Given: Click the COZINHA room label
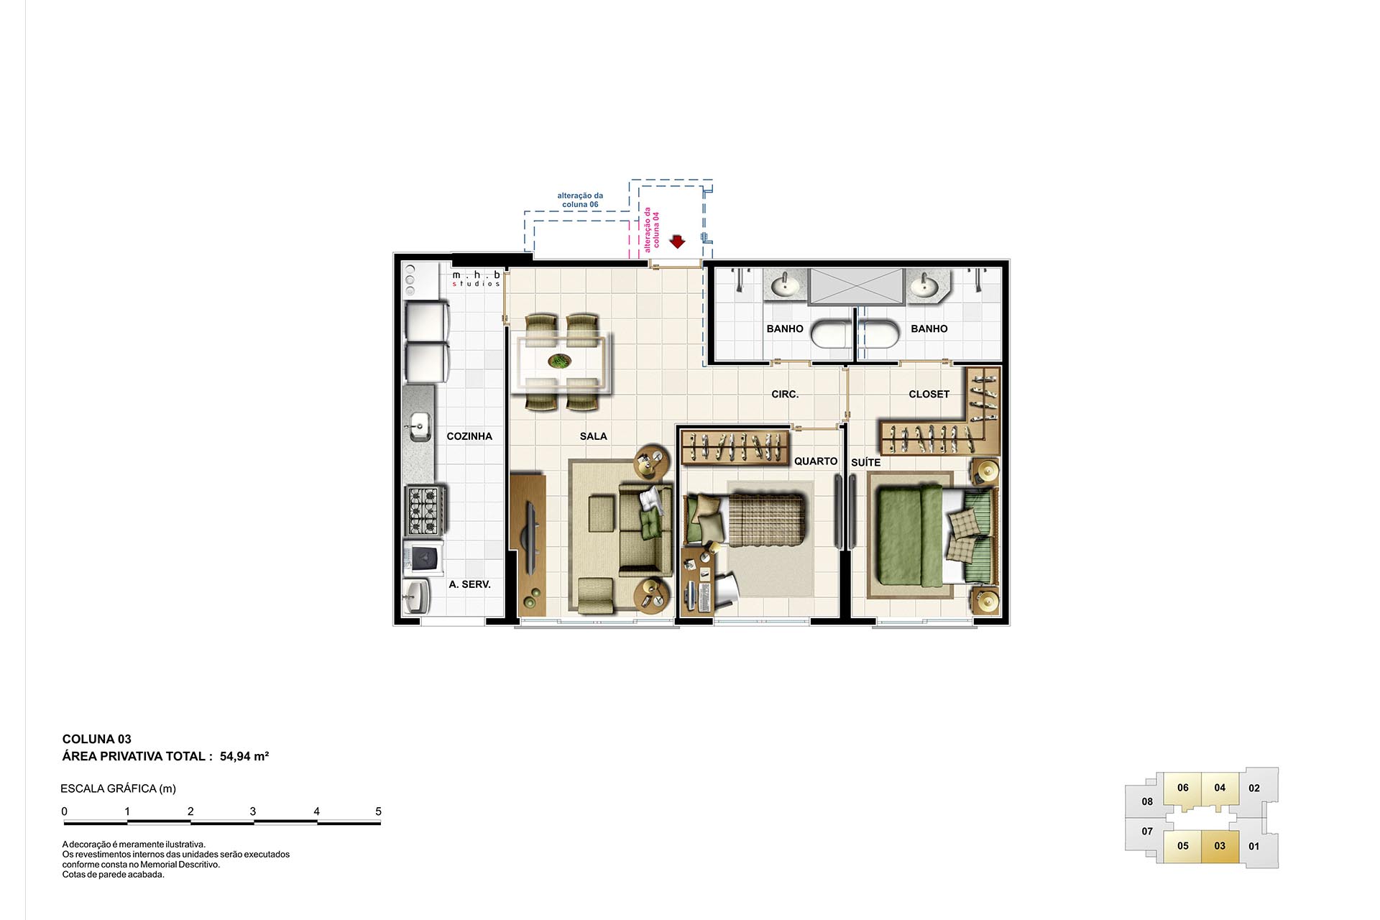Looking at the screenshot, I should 469,436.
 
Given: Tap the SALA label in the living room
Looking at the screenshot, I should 593,436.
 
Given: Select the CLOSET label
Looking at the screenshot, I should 929,395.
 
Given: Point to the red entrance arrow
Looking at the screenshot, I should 677,241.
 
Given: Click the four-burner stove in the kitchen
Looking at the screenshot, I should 423,510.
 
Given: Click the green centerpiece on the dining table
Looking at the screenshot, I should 559,361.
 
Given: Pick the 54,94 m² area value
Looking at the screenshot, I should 244,756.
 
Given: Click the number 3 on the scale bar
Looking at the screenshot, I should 253,811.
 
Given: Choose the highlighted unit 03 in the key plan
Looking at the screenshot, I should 1220,846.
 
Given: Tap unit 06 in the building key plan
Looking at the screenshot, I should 1183,788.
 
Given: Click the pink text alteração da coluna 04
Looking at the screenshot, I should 651,229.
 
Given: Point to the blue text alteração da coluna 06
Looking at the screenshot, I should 580,200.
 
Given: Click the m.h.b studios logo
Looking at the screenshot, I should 476,279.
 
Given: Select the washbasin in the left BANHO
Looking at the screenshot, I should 785,286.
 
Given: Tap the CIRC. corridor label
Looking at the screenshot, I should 785,395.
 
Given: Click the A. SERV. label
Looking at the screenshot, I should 469,584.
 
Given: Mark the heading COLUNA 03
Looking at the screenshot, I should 97,739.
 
